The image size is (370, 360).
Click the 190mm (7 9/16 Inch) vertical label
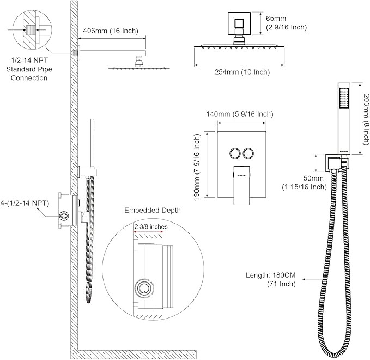tap(199, 169)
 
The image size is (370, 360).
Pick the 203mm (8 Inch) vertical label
tap(366, 118)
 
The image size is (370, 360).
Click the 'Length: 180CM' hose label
tap(286, 277)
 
